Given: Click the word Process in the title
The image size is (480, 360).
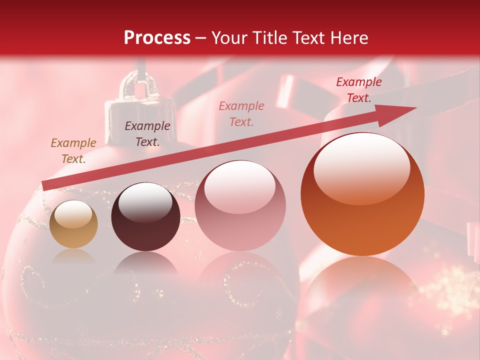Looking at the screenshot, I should click(x=157, y=38).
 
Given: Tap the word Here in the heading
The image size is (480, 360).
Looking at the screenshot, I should click(x=348, y=38).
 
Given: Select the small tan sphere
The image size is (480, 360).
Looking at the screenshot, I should click(x=73, y=224).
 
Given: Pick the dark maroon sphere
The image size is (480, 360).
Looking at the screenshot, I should click(x=145, y=217).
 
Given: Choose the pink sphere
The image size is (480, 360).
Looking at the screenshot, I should click(x=240, y=205).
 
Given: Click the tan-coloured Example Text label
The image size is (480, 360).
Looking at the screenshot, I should click(x=73, y=151).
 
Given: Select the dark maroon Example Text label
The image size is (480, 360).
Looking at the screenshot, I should click(x=147, y=134).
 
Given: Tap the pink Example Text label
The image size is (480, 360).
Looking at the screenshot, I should click(x=241, y=113).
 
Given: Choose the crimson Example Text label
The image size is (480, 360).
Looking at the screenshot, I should click(x=358, y=90).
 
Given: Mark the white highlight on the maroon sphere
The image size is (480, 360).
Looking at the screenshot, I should click(x=145, y=201).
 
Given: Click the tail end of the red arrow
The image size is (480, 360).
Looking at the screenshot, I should click(x=46, y=185).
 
